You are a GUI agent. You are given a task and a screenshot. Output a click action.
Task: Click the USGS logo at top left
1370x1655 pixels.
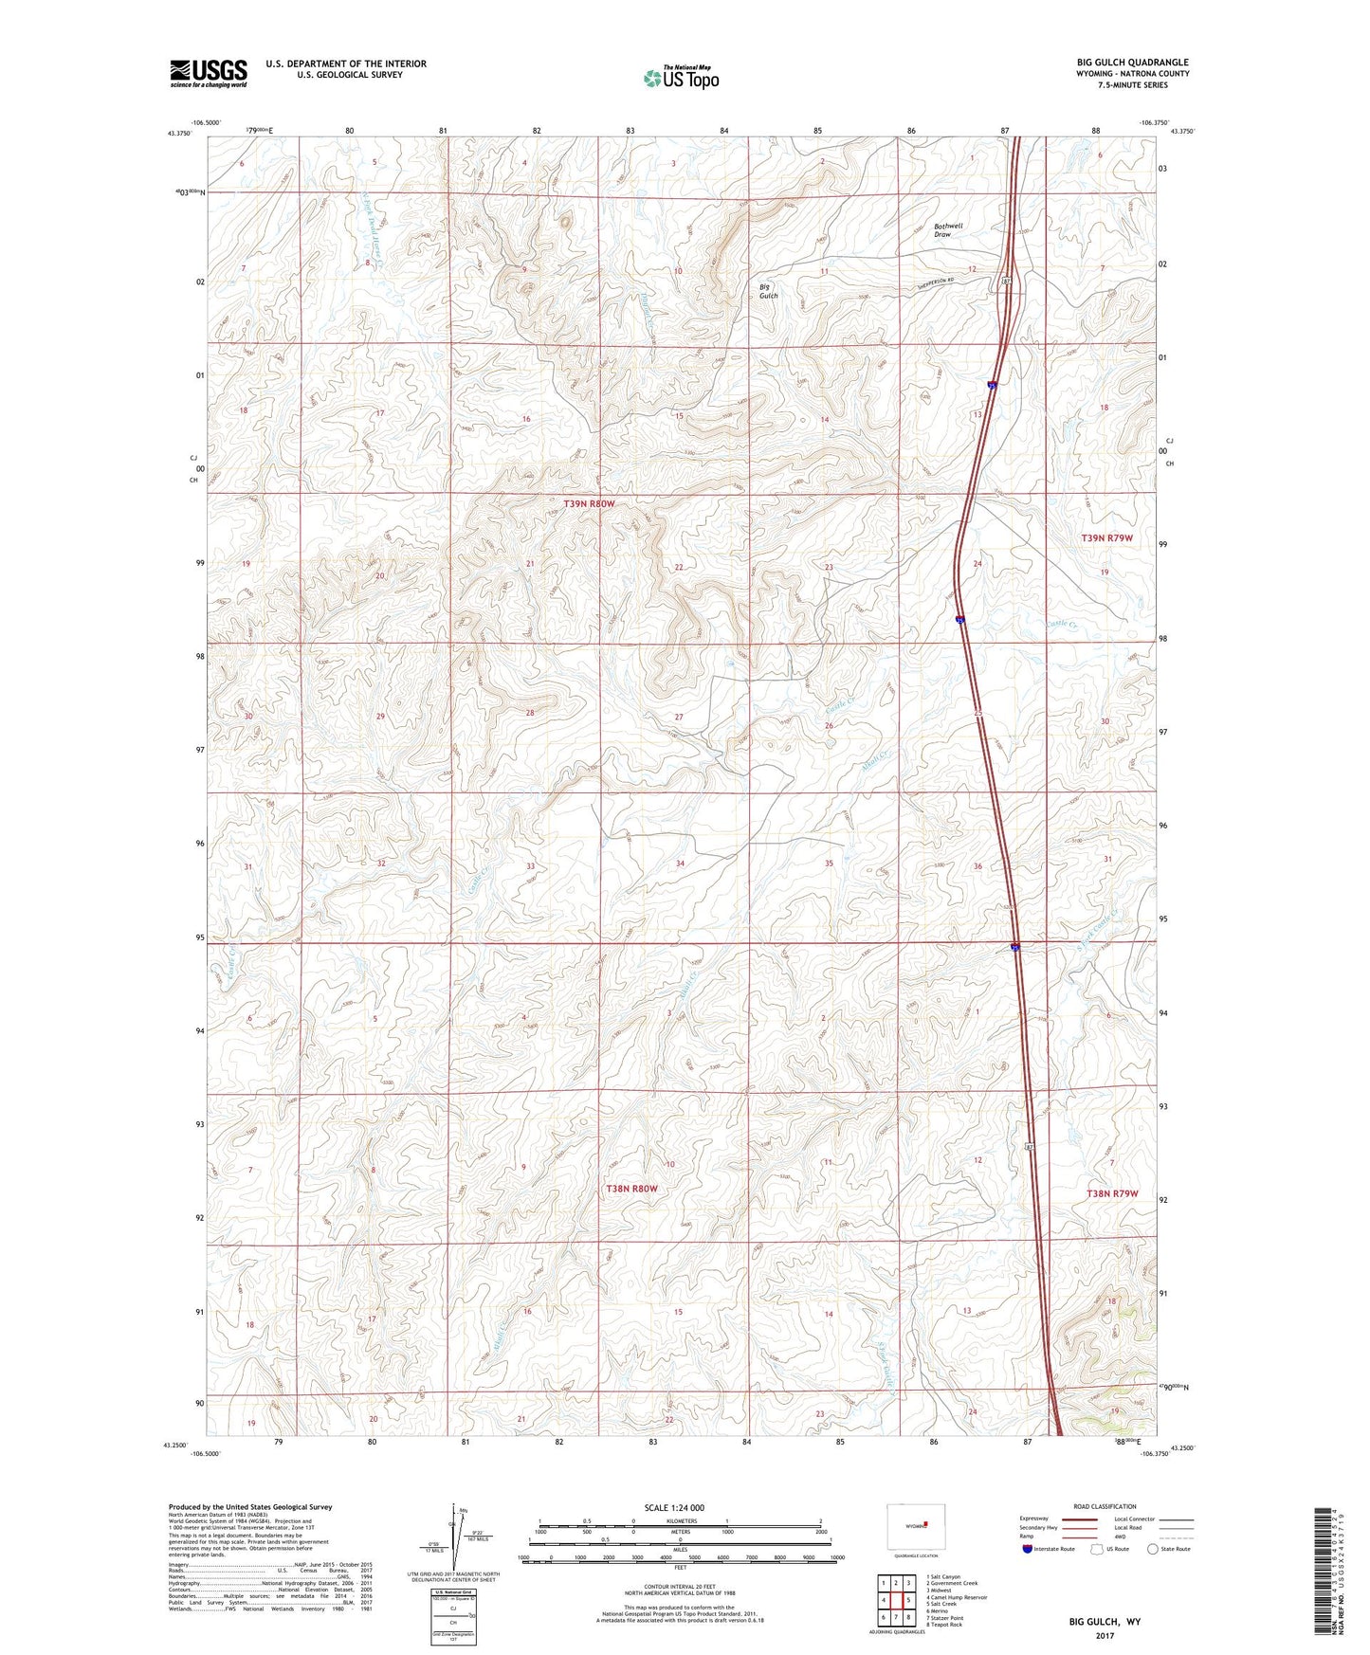pos(208,72)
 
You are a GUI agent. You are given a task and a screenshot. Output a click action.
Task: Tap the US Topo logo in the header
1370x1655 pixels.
pos(681,78)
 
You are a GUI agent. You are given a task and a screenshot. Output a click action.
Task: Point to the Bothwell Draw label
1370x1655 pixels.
pos(947,230)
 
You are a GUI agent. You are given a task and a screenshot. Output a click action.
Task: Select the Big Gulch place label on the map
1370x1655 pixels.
pos(768,291)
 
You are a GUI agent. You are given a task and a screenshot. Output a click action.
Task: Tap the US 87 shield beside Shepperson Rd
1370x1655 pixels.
pos(1006,282)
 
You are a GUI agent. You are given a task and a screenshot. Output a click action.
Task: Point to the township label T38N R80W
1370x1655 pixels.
pos(630,1188)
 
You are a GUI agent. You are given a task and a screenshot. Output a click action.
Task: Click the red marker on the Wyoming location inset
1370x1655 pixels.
pos(926,1525)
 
